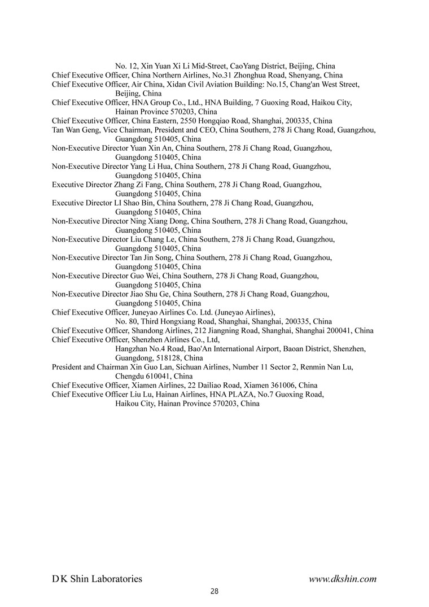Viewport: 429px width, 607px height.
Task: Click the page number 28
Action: pos(214,591)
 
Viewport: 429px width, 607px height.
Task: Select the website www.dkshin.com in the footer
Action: pos(343,578)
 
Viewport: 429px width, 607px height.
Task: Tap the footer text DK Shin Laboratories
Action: pos(97,578)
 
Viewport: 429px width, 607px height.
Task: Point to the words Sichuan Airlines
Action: pos(199,366)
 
